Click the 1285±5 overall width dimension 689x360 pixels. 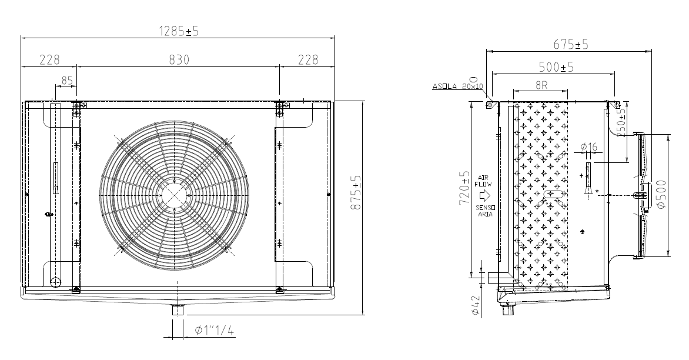coord(179,31)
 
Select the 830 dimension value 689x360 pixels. coord(179,59)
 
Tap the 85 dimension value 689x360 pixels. coord(67,81)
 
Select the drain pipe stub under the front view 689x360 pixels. coord(178,309)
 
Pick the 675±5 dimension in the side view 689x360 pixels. coord(570,44)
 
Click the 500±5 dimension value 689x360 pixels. coord(556,67)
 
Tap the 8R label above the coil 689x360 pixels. coord(541,85)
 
